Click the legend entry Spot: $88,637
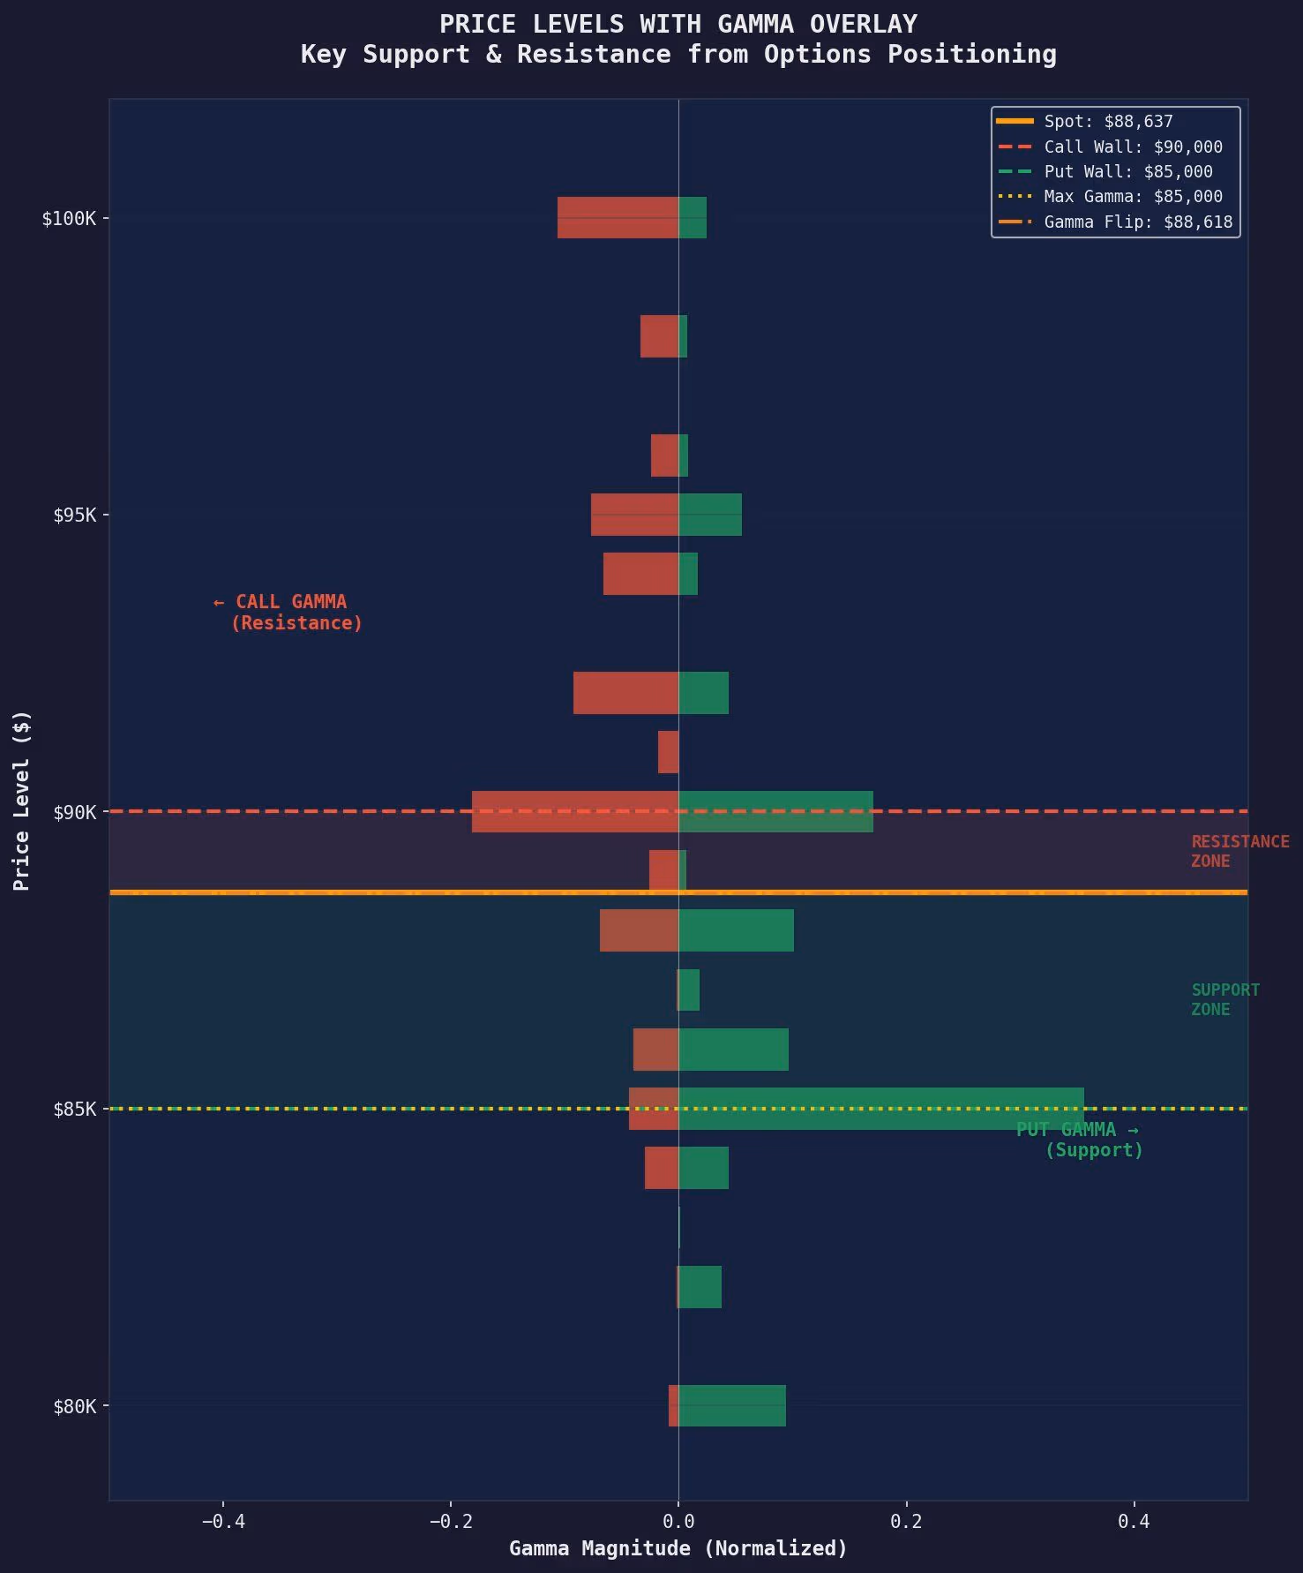click(x=1108, y=122)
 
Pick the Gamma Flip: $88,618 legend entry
click(x=1138, y=222)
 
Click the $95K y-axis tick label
click(x=74, y=515)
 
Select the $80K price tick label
click(x=74, y=1406)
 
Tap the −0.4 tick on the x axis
click(x=223, y=1521)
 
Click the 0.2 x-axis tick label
click(x=906, y=1521)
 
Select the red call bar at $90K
click(x=574, y=811)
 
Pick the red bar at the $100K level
click(x=618, y=218)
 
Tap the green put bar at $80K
click(x=732, y=1406)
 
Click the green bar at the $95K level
click(x=710, y=515)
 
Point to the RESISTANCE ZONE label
click(x=1239, y=851)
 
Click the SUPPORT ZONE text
click(x=1224, y=999)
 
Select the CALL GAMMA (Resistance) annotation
click(x=288, y=612)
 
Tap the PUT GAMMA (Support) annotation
click(x=1079, y=1140)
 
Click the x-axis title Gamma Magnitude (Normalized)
click(x=678, y=1548)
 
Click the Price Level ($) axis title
click(x=22, y=800)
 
